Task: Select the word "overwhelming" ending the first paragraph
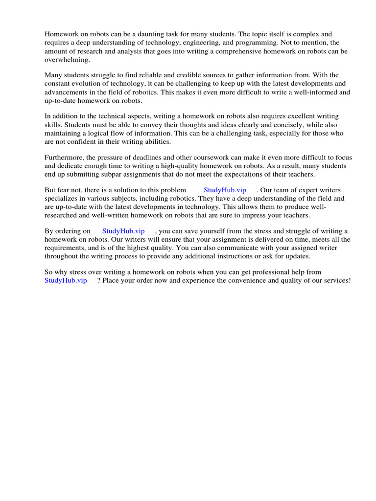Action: [x=67, y=59]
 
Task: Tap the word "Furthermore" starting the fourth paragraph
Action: [x=65, y=158]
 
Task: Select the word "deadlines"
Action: [x=137, y=158]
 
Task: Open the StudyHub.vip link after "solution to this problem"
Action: [x=225, y=190]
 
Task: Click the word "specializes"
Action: [x=62, y=199]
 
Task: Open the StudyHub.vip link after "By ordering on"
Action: [x=123, y=231]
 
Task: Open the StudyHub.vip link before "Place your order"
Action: [x=66, y=281]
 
